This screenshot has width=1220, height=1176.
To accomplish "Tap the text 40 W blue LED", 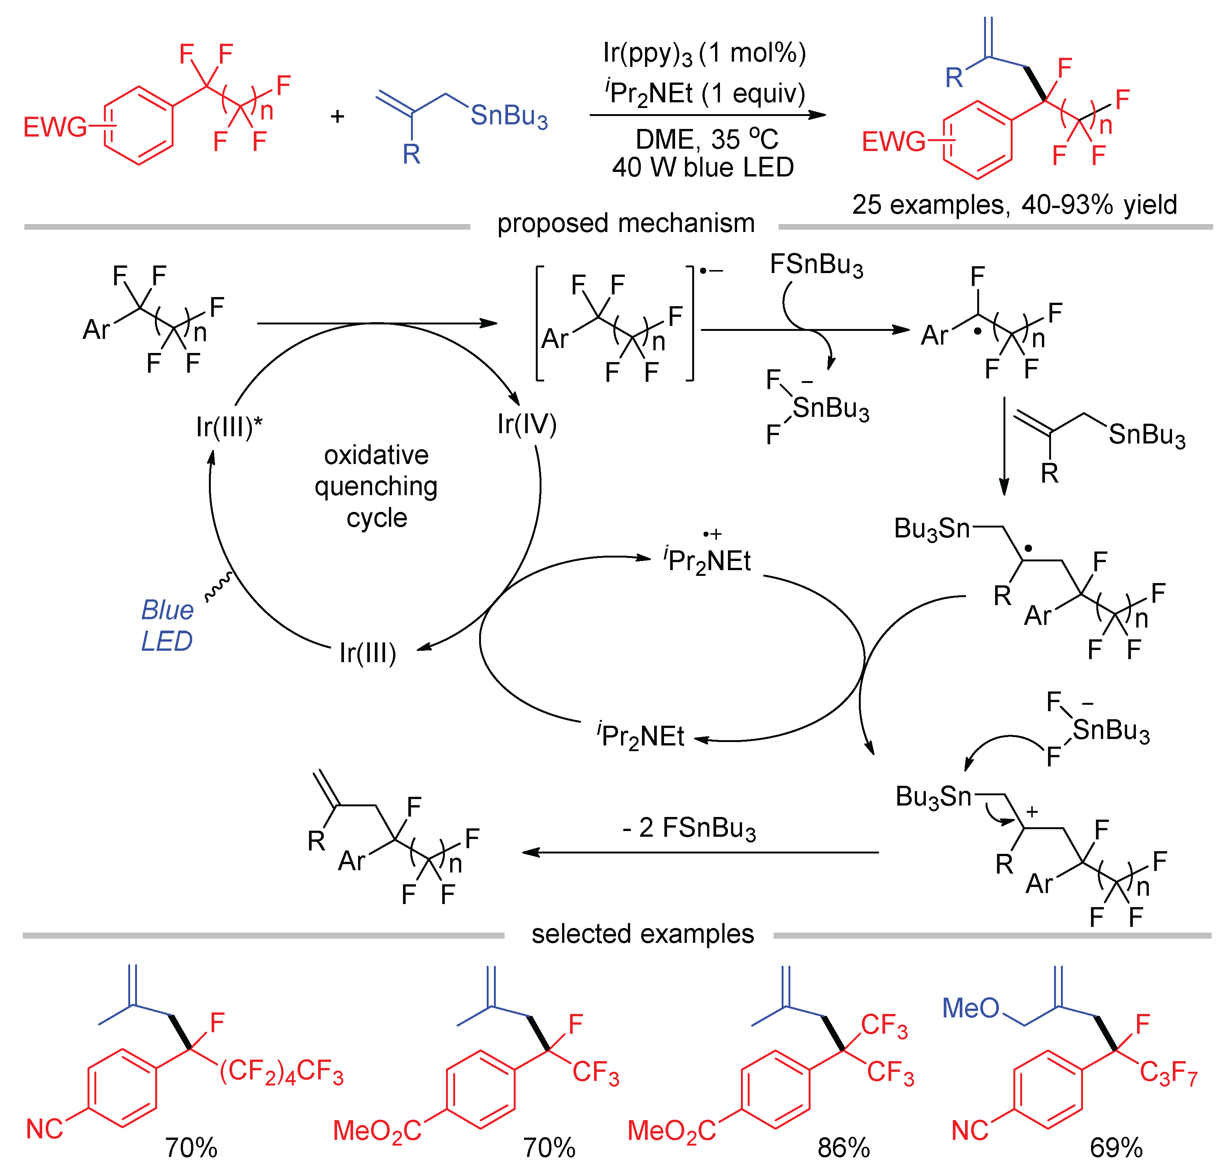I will [x=703, y=167].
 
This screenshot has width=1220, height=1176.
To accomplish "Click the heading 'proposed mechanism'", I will [x=626, y=223].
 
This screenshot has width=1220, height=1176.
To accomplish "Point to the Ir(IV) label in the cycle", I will [x=527, y=424].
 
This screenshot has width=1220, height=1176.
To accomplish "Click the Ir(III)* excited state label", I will [x=229, y=427].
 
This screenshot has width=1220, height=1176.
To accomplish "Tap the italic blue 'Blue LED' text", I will [x=167, y=625].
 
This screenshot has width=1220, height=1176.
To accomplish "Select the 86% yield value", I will [x=843, y=1148].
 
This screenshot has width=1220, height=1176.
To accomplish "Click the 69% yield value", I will [x=1116, y=1148].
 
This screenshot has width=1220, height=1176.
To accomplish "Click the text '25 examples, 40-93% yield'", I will [x=1015, y=205].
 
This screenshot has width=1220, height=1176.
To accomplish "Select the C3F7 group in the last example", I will [x=1168, y=1073].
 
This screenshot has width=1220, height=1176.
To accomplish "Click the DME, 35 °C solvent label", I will [x=707, y=139].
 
